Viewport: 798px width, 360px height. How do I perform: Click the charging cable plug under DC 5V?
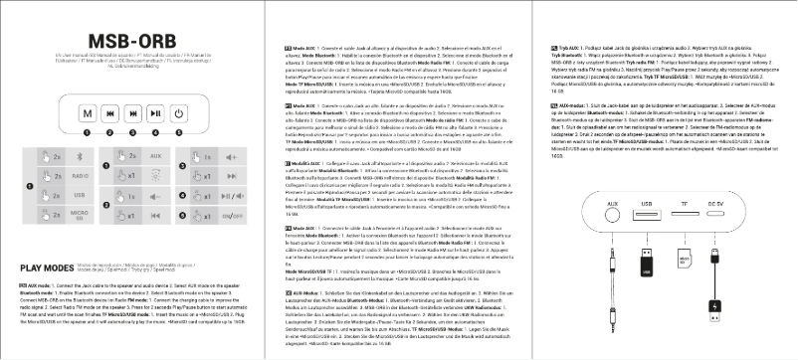pyautogui.click(x=716, y=257)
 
